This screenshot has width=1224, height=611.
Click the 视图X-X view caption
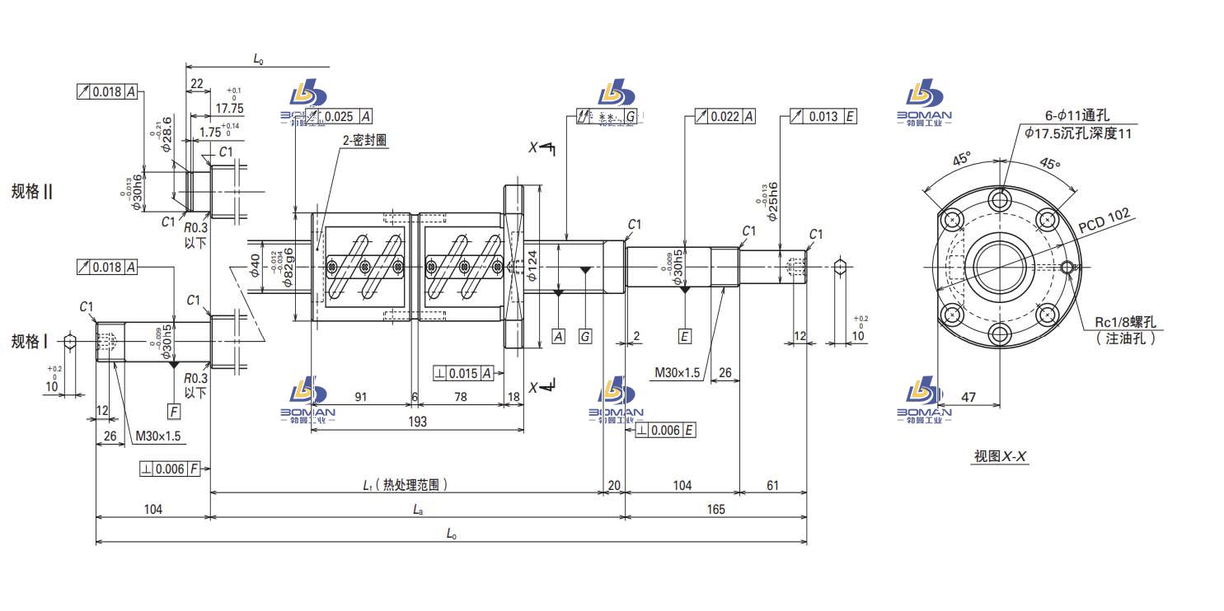(x=1000, y=456)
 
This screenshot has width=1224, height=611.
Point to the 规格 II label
(x=32, y=191)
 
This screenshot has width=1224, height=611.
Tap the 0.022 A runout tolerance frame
(x=725, y=117)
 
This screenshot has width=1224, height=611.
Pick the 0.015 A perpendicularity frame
(x=463, y=374)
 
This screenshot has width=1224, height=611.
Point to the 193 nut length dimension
(x=417, y=422)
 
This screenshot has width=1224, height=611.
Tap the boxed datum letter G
(x=584, y=336)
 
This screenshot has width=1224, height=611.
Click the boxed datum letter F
(x=173, y=411)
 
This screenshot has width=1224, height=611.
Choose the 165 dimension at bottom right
(x=715, y=509)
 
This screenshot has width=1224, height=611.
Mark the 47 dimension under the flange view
(x=968, y=397)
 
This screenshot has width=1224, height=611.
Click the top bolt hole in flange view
(x=1000, y=198)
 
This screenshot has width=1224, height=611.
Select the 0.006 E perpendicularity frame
(x=666, y=430)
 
